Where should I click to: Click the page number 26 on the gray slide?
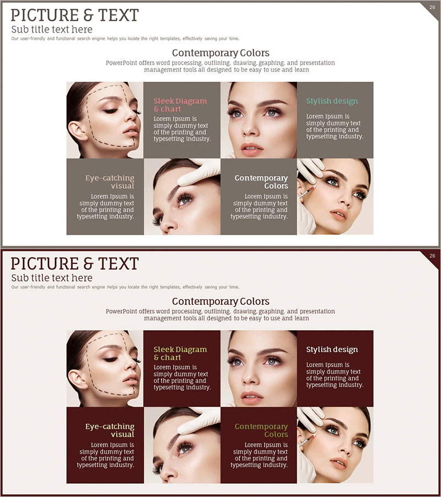[432, 7]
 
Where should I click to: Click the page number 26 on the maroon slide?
[432, 256]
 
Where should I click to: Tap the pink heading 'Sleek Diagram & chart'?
[180, 105]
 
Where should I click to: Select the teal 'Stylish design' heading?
[332, 101]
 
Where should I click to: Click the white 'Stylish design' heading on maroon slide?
[332, 350]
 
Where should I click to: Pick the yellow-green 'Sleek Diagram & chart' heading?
[180, 353]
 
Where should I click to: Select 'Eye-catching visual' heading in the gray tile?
[110, 182]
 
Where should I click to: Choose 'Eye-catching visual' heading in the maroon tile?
[110, 430]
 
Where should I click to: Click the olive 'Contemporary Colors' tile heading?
[261, 430]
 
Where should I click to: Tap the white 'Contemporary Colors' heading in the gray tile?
[261, 182]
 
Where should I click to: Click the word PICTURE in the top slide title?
[45, 15]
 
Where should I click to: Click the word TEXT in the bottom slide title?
[119, 264]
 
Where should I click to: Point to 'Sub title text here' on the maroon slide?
[52, 278]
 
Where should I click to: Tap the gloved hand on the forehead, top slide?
[198, 172]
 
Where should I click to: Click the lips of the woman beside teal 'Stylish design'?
[252, 149]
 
